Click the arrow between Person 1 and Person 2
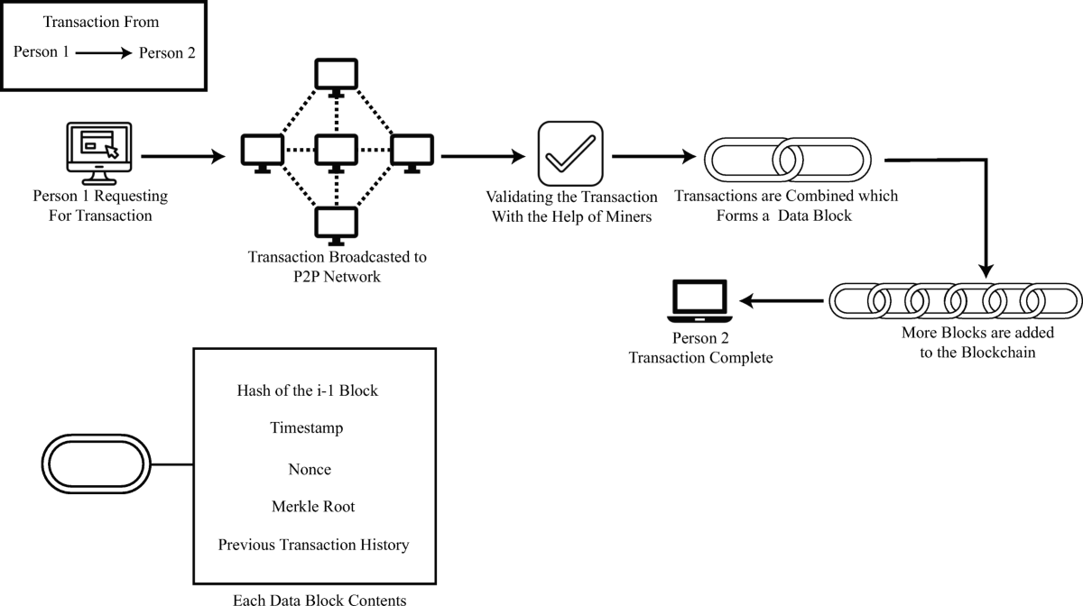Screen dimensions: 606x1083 104,53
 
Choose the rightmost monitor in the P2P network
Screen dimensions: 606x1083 411,152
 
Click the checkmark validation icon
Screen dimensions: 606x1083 569,152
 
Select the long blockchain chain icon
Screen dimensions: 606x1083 955,298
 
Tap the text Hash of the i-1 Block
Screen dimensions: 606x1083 308,390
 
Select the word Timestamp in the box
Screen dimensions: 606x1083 307,429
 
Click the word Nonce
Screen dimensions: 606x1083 310,469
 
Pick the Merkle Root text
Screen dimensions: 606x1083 313,507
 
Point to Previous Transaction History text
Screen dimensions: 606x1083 313,545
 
